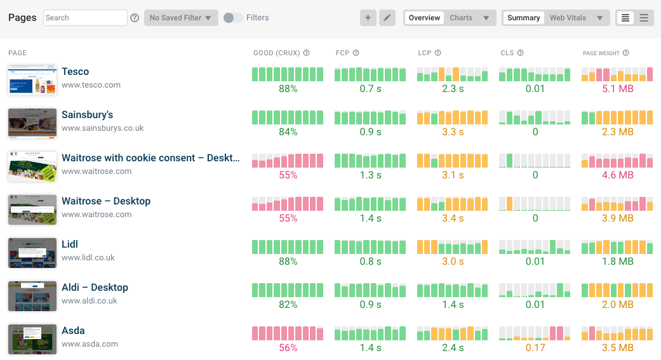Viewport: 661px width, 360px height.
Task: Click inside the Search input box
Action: point(85,18)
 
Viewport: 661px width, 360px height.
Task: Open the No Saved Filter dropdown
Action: point(181,18)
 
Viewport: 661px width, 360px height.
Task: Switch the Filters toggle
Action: point(233,18)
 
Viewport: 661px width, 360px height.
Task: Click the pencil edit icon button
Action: point(387,18)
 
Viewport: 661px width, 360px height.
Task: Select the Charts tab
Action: point(461,18)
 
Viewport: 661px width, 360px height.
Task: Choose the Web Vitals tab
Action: point(568,18)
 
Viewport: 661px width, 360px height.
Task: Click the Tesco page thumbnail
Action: point(32,79)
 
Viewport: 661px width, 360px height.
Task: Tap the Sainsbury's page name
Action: point(87,115)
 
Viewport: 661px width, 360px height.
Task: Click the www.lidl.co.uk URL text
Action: point(88,258)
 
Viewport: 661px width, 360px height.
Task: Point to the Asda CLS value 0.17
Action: point(535,348)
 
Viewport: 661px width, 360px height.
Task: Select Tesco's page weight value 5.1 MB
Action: point(617,89)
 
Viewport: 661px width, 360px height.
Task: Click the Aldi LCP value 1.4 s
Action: point(453,305)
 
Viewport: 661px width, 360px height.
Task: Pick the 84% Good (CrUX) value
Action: point(288,132)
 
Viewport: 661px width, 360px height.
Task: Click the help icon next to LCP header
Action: point(438,53)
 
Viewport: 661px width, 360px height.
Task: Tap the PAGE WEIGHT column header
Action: point(601,53)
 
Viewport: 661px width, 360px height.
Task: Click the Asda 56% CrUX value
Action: point(288,348)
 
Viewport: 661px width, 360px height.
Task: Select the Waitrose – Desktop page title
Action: point(106,201)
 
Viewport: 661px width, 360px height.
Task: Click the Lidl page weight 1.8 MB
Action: point(617,262)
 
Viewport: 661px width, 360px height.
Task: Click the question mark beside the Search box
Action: point(135,18)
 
